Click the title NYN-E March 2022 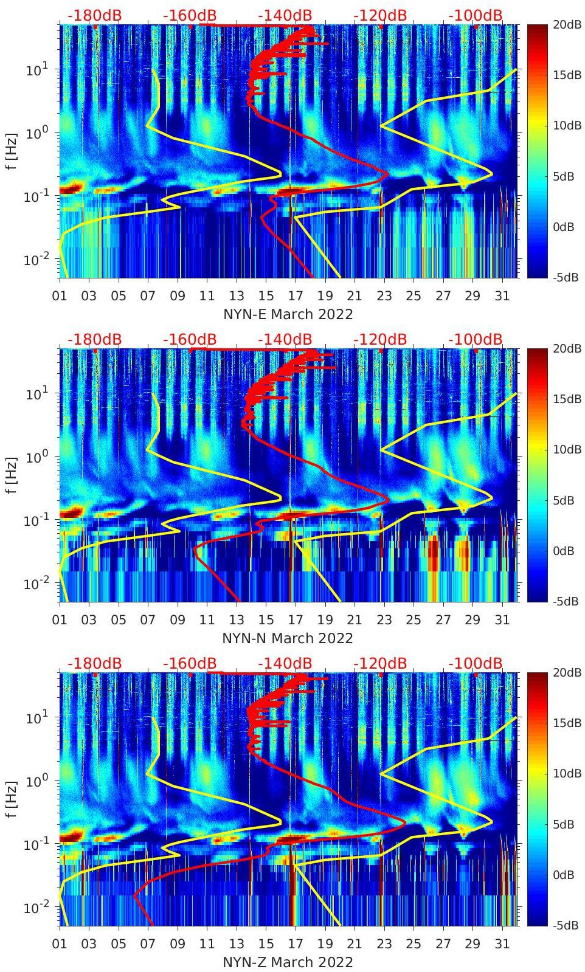click(288, 314)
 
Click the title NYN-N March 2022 click(288, 638)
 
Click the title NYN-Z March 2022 click(288, 962)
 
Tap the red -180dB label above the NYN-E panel click(94, 15)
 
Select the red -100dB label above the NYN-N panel click(476, 339)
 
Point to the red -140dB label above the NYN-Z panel click(285, 663)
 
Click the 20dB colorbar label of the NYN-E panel click(566, 24)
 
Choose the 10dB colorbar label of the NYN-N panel click(566, 450)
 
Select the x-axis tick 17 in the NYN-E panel click(296, 296)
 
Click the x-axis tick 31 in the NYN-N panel click(502, 620)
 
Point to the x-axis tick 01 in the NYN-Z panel click(60, 944)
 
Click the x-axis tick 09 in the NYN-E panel click(178, 296)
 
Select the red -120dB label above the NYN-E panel click(380, 15)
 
